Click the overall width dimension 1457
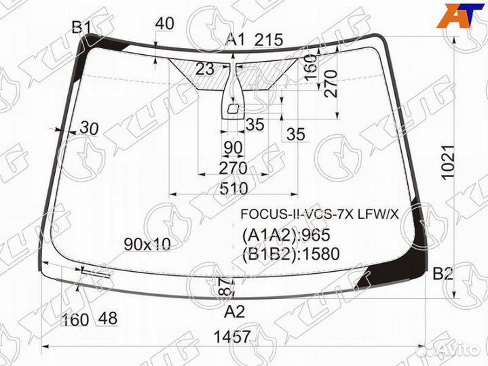tap(232, 336)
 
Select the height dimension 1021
tap(449, 162)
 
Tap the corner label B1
tap(81, 27)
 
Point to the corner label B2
tap(443, 274)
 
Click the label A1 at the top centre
tap(236, 40)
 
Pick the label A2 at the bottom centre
tap(234, 312)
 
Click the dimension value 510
tap(233, 188)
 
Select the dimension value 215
tap(269, 40)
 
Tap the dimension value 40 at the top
tap(164, 23)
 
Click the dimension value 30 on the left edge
tap(89, 128)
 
